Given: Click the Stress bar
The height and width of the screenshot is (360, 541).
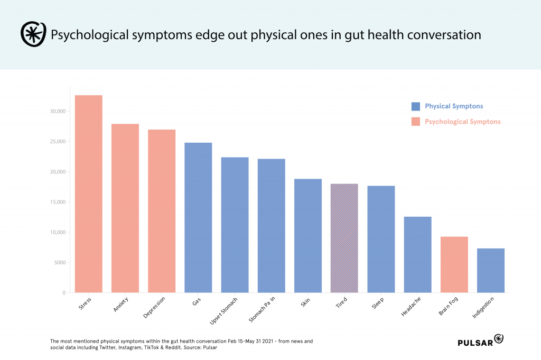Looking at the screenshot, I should click(88, 193).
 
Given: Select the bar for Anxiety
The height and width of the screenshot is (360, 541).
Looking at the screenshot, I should click(125, 208).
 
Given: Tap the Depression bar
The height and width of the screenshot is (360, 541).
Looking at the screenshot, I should click(162, 211).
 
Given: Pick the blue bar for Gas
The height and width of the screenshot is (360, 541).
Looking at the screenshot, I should click(198, 217).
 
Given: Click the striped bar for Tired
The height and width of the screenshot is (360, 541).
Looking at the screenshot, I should click(344, 238).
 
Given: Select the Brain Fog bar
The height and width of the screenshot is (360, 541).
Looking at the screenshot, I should click(454, 264).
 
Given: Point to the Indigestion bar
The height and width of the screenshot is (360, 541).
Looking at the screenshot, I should click(491, 270).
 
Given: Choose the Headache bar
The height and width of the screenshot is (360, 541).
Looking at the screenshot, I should click(417, 254).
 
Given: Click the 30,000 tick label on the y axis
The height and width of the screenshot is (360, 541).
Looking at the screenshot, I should click(55, 112).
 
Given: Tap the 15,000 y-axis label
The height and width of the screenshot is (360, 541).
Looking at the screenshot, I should click(55, 202).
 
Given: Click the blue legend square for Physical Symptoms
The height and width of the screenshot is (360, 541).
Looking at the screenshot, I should click(416, 106).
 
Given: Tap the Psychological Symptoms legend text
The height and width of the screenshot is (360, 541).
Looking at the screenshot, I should click(462, 122).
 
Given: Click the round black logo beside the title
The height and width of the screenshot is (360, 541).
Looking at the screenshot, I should click(33, 35).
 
